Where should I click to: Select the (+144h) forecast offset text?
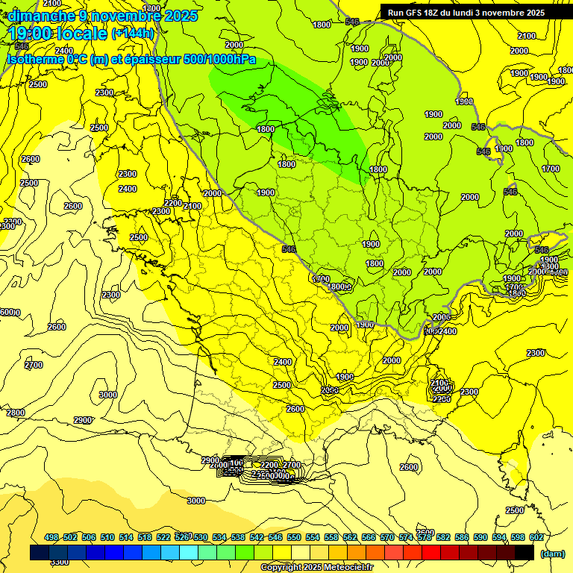click(133, 34)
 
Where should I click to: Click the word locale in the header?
click(84, 33)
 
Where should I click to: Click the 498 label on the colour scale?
click(51, 537)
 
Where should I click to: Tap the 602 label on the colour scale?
click(536, 537)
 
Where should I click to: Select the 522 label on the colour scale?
click(163, 537)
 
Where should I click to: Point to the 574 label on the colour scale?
click(406, 537)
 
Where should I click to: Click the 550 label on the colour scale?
click(294, 537)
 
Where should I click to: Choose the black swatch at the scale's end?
click(525, 552)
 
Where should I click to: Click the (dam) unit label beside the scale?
click(551, 553)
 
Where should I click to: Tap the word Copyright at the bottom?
click(281, 568)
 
